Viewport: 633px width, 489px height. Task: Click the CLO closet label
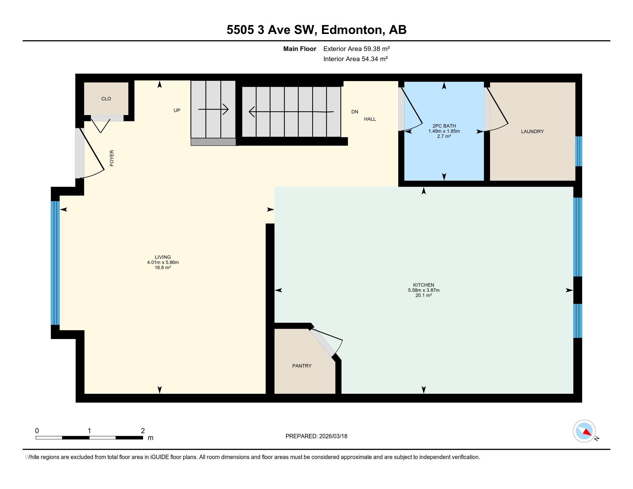point(106,99)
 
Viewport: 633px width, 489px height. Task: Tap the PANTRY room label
point(302,366)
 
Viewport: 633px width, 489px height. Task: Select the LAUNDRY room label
point(532,131)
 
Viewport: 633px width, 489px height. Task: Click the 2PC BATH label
point(444,126)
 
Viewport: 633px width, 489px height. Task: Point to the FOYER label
point(112,158)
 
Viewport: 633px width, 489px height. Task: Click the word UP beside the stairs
point(177,110)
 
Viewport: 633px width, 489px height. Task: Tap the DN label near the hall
point(355,112)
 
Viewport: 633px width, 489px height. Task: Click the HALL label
point(370,119)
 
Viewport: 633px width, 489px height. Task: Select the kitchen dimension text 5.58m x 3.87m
point(424,290)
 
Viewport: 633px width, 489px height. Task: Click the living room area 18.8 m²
point(163,268)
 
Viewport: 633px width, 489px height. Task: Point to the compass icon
point(584,431)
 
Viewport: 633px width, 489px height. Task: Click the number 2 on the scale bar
point(143,431)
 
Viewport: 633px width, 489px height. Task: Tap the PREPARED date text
point(316,436)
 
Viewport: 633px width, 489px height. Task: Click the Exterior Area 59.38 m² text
point(356,49)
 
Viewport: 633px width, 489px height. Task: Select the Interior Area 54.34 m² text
point(356,59)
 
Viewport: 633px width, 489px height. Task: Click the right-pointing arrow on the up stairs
point(213,110)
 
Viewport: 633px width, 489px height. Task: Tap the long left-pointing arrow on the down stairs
point(291,111)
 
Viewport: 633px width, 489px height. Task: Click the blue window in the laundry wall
point(579,151)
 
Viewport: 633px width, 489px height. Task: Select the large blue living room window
point(55,263)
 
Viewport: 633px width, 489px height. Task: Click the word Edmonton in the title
point(351,30)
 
